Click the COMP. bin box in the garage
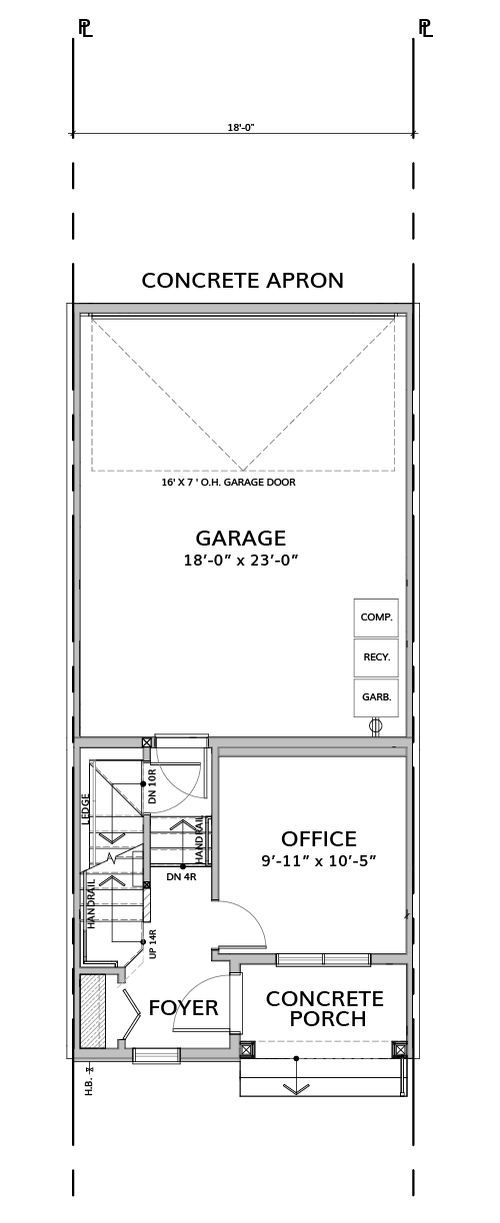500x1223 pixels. (x=376, y=617)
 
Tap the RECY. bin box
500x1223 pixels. (x=376, y=657)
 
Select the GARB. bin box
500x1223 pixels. (x=376, y=697)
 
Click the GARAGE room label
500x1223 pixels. (x=241, y=538)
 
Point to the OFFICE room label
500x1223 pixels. (x=319, y=838)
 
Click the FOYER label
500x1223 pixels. (x=184, y=1008)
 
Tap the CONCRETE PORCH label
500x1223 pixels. (x=325, y=1009)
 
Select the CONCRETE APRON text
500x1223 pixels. (x=243, y=281)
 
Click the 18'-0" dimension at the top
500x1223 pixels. (x=242, y=127)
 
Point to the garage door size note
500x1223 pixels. (x=228, y=482)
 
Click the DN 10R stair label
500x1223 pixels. (x=152, y=786)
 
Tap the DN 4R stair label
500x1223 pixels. (x=180, y=877)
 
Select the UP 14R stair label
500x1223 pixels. (x=152, y=944)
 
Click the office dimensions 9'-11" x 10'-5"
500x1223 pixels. (x=319, y=861)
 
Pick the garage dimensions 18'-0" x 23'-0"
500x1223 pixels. (x=241, y=561)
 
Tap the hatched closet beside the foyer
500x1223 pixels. (x=92, y=1011)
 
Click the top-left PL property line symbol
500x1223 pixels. (x=86, y=28)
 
